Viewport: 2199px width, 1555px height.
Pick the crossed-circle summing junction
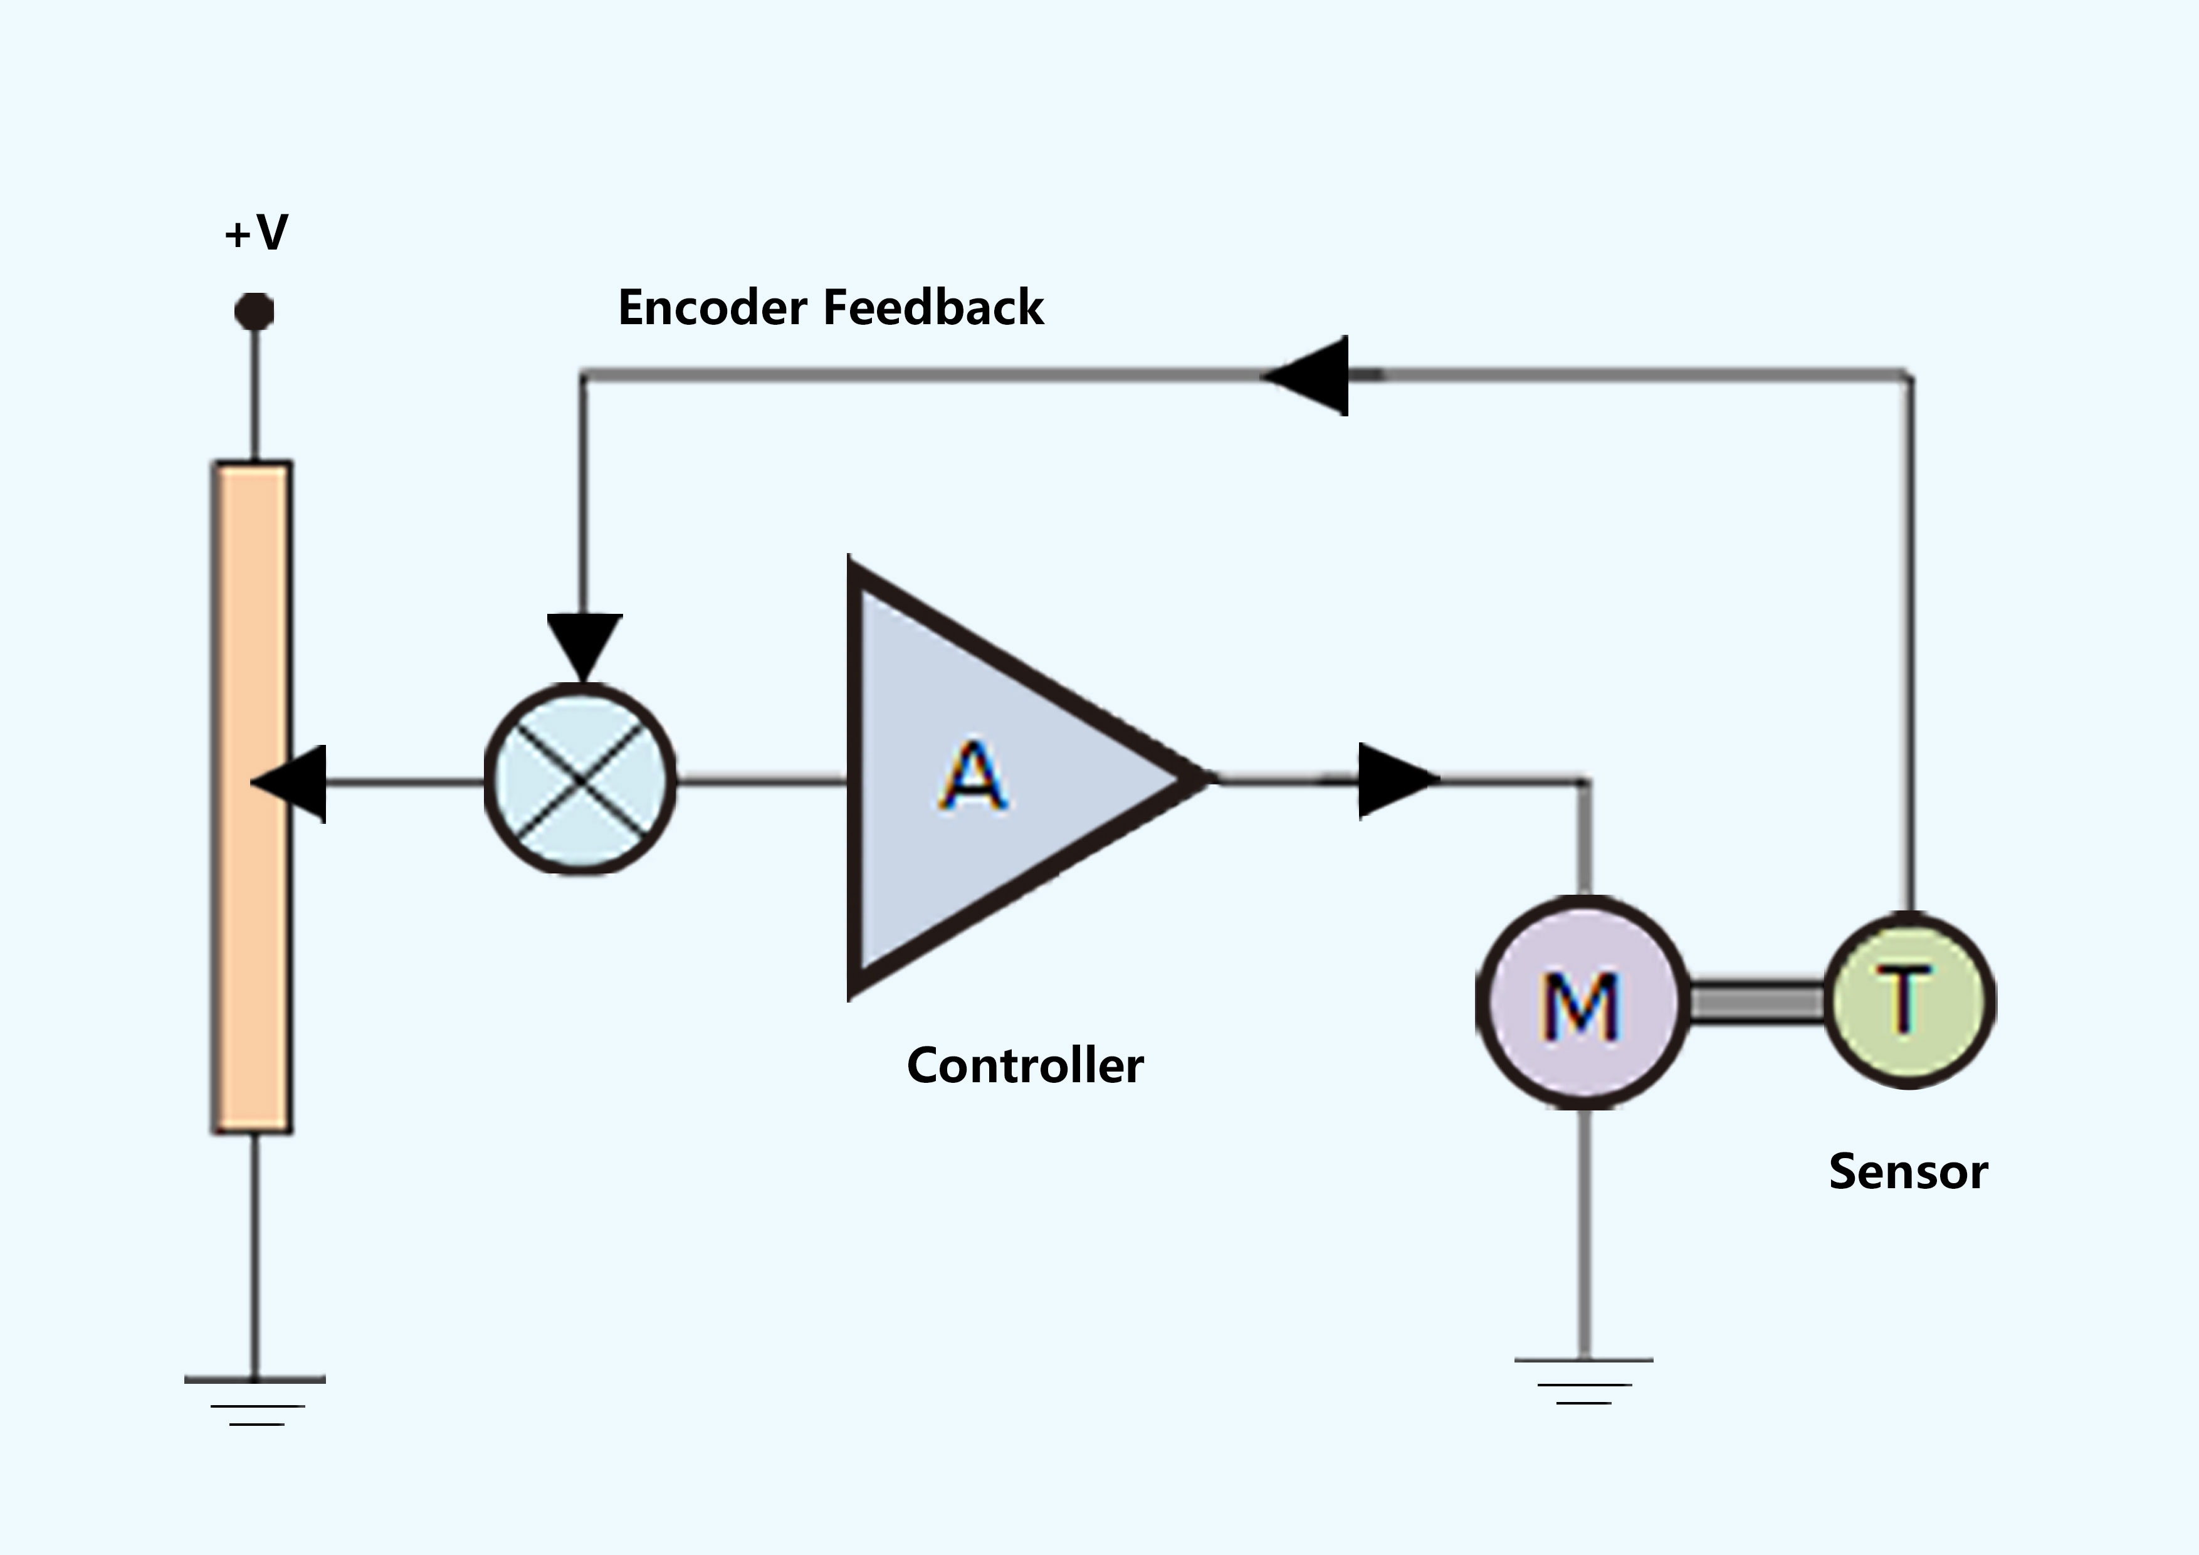click(x=580, y=779)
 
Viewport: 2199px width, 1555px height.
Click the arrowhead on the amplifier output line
click(x=1397, y=781)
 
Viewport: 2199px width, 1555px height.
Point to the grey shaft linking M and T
click(x=1756, y=1002)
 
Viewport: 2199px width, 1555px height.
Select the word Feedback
click(x=933, y=308)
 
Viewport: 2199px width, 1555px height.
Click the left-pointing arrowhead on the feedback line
click(x=1308, y=376)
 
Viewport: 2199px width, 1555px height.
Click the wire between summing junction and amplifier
click(x=762, y=783)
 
